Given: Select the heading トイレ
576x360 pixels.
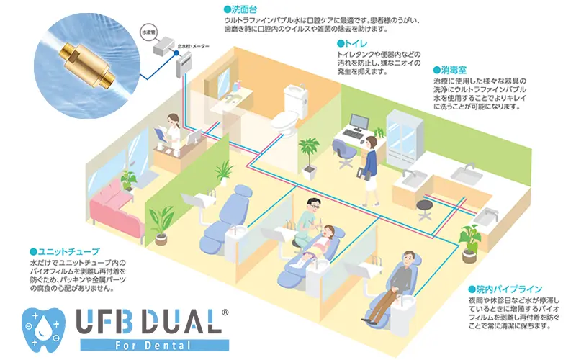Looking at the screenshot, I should click(355, 43).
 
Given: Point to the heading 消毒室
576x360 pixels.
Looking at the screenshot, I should click(451, 71).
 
